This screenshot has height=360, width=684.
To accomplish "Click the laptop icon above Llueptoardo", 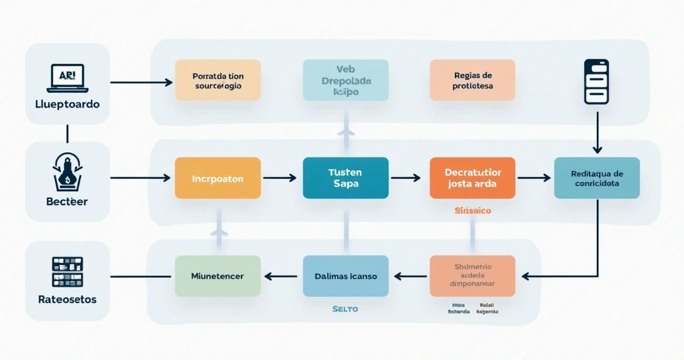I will (x=67, y=78).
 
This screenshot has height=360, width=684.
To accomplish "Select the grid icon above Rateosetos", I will (x=67, y=272).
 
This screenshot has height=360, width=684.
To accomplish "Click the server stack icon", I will (x=597, y=82).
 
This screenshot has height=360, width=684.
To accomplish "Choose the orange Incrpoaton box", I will (x=218, y=178).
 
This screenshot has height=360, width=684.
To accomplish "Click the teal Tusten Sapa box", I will (x=345, y=178).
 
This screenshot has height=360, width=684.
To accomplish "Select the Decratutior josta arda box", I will (x=472, y=178).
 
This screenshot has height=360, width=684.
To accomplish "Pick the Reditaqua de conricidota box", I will (x=597, y=178).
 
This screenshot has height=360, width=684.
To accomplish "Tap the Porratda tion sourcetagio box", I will (x=218, y=80).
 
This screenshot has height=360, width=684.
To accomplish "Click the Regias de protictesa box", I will (x=472, y=80).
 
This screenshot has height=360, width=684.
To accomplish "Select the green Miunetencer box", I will (x=218, y=276).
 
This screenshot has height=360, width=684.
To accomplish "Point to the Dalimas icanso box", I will (x=345, y=276).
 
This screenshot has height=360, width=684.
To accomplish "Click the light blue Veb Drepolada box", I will (x=345, y=80).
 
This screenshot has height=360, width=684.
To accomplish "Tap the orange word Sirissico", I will (x=472, y=210).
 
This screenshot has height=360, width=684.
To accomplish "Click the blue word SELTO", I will (x=345, y=309).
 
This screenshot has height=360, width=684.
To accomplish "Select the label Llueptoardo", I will (x=67, y=104).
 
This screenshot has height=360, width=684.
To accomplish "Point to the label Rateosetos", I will (x=67, y=299).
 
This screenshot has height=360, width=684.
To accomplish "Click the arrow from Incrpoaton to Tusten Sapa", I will (x=280, y=178).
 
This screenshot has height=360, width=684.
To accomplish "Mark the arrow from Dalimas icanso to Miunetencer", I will (x=281, y=276).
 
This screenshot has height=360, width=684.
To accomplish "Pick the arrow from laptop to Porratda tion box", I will (x=141, y=83).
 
